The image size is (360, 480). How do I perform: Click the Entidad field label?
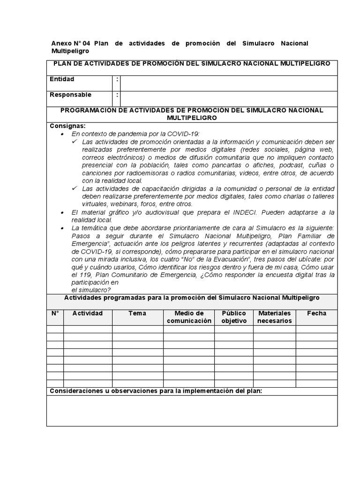pos(62,79)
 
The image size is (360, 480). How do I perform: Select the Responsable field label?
pos(70,95)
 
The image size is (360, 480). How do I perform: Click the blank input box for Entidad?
pos(229,83)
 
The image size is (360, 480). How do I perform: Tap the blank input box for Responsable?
pos(229,98)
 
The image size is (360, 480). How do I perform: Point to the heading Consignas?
pos(67,126)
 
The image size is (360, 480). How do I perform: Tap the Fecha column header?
pos(316,313)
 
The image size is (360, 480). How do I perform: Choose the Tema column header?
pos(137,313)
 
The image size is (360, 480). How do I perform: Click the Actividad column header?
pos(87,313)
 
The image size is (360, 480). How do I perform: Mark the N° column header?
pos(55,313)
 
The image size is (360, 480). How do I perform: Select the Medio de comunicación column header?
pos(188,317)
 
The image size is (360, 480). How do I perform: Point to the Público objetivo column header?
pos(233,317)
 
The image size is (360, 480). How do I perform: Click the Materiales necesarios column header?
pos(274,317)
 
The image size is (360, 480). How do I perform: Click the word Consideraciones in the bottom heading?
pos(75,391)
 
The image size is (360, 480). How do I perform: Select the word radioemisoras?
pos(136,173)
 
